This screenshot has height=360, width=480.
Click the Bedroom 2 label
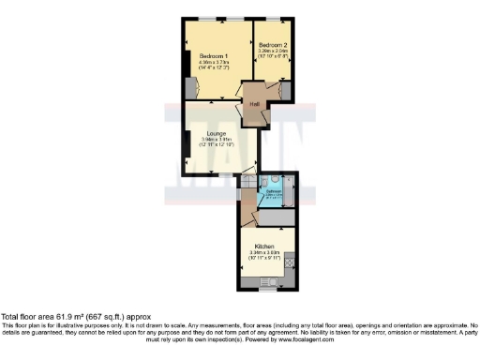(273, 44)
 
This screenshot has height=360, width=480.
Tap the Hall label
(254, 102)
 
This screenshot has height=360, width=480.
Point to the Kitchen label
(263, 246)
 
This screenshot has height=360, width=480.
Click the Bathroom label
(273, 190)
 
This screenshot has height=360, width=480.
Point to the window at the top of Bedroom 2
(274, 19)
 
